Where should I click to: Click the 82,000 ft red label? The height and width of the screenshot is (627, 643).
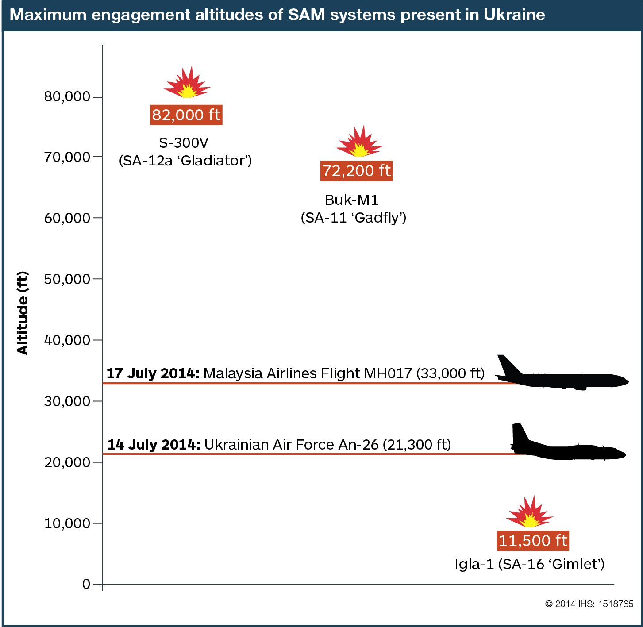click(x=186, y=115)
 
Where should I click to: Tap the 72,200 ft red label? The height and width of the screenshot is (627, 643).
click(x=356, y=171)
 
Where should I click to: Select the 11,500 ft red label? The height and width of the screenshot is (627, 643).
click(x=532, y=541)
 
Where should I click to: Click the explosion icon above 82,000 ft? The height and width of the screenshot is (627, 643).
click(x=188, y=83)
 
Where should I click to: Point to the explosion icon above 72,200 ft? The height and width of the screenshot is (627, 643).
click(x=359, y=142)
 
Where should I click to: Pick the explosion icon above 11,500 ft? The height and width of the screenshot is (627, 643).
click(x=530, y=513)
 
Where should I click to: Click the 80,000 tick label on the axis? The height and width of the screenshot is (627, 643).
click(x=67, y=96)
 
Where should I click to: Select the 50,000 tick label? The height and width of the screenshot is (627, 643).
click(x=67, y=279)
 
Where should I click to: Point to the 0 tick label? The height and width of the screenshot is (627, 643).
click(x=86, y=584)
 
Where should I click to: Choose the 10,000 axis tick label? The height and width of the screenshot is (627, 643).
click(x=67, y=523)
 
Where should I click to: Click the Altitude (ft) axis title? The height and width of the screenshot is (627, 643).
click(x=23, y=313)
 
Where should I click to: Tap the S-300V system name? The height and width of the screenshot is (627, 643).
click(x=183, y=143)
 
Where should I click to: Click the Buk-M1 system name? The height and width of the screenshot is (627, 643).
click(x=352, y=200)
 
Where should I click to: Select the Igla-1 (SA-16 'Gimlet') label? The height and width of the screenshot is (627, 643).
click(x=529, y=564)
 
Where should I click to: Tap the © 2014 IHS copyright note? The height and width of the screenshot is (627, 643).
click(x=589, y=604)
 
